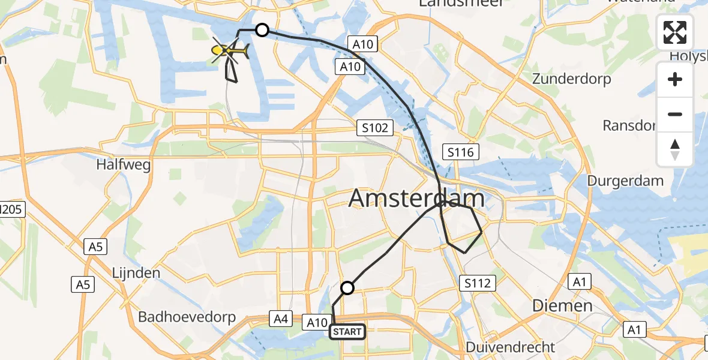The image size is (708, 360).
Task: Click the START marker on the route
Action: pos(347,331)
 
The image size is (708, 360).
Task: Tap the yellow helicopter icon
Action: pos(230,52)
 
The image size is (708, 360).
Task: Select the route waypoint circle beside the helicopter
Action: pos(262,30)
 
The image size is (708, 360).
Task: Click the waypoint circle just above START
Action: pos(347,288)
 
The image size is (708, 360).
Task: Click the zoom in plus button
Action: pos(675,79)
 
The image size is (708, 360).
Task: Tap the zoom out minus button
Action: pos(675,114)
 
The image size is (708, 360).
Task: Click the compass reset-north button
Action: pos(675,149)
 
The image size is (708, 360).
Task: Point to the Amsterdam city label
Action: pos(416,199)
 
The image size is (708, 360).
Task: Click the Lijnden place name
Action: pos(136,273)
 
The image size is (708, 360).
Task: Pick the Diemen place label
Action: pos(563,305)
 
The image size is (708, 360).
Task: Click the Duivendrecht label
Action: pos(511,347)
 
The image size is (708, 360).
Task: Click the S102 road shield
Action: pos(375,128)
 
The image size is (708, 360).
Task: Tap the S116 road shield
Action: pos(460,152)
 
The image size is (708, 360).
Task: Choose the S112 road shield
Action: pos(478,283)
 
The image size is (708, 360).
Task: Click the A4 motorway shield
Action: pos(280,317)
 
